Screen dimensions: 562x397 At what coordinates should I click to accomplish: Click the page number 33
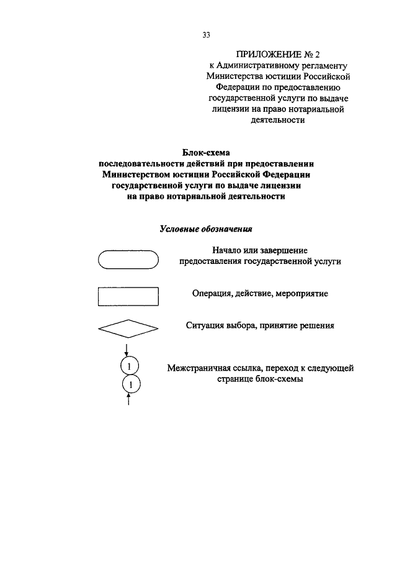[207, 35]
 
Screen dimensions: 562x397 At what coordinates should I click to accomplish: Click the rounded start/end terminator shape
[128, 258]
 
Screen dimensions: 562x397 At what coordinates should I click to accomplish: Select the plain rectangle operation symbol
[128, 296]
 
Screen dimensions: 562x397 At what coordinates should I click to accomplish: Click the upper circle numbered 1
[129, 366]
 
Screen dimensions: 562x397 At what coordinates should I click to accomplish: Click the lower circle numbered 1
[129, 385]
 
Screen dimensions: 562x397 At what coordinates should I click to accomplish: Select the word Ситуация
[206, 325]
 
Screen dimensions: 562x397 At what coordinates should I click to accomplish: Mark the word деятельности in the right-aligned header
[277, 121]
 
